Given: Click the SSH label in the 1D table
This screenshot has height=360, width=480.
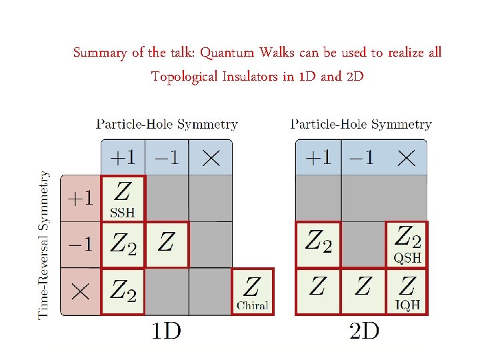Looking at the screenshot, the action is [x=122, y=213].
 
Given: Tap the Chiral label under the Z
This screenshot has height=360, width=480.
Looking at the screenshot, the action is [x=252, y=306].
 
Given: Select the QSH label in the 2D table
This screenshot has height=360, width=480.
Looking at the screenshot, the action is [x=407, y=257].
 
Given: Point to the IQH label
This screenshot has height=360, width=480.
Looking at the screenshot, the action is [x=407, y=306].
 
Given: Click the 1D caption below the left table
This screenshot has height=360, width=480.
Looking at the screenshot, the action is [x=166, y=330].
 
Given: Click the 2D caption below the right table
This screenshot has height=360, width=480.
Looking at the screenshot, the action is [x=364, y=330].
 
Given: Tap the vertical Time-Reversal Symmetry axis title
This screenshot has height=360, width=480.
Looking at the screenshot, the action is [x=44, y=245].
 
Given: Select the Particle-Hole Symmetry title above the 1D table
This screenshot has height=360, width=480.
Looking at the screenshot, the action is [x=167, y=124].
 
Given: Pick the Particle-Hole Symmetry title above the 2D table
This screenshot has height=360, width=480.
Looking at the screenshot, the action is [x=361, y=124].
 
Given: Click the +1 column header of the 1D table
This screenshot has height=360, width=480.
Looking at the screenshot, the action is [x=122, y=158].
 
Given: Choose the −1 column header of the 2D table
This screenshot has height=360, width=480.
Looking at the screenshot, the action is [x=362, y=158].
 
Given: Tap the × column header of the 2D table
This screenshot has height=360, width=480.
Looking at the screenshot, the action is [x=406, y=158].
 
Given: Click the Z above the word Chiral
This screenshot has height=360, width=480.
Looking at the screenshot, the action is [x=252, y=287].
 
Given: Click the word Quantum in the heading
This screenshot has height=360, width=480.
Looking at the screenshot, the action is [x=225, y=53].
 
